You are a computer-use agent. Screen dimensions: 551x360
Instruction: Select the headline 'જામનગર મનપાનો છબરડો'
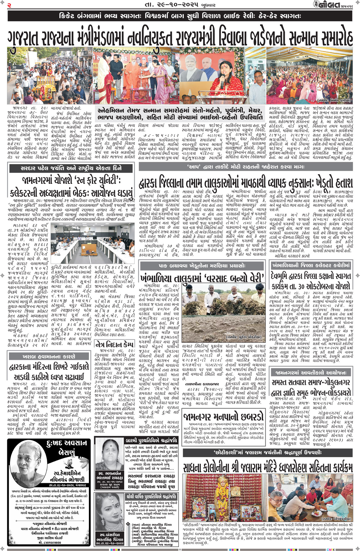coord(223,417)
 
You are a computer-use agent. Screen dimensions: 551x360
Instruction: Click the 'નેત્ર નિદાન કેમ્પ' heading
coord(114,344)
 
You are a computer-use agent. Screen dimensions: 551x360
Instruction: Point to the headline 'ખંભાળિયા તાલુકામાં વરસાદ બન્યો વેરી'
coord(202,278)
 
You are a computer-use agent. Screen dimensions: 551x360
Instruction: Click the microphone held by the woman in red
coord(222,81)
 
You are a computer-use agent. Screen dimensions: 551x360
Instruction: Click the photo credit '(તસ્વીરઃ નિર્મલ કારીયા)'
coord(334,100)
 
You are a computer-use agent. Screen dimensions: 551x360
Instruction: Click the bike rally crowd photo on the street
coord(50,76)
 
